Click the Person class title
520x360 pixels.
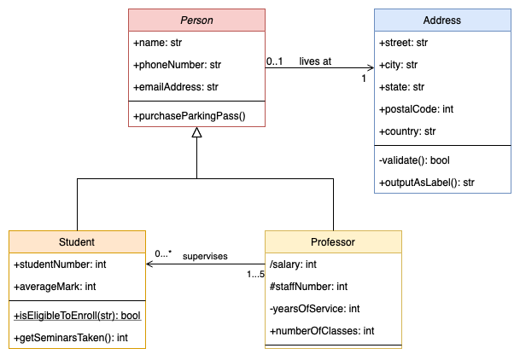click(196, 20)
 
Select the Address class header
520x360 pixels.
click(442, 20)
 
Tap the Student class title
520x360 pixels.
click(77, 242)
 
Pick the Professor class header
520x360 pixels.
click(333, 242)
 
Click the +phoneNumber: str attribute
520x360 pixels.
click(178, 64)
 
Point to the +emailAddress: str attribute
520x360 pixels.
click(176, 86)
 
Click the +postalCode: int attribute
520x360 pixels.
click(418, 109)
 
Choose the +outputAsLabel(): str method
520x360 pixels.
click(427, 181)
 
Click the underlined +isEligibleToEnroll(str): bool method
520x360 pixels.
click(77, 315)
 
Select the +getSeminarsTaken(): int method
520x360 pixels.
click(71, 337)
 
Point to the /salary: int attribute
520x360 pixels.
click(293, 264)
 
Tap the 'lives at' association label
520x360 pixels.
click(315, 61)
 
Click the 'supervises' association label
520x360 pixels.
click(205, 255)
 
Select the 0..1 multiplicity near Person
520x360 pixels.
click(275, 61)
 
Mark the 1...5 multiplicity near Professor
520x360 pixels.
click(255, 274)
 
